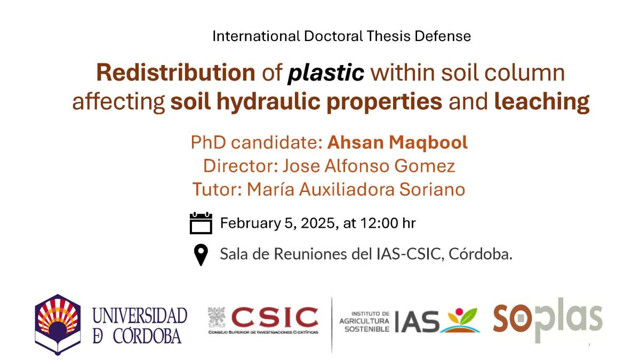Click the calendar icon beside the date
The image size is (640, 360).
click(201, 223)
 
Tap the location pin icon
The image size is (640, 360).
click(201, 255)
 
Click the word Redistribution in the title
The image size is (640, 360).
click(175, 73)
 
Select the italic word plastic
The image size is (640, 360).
click(326, 73)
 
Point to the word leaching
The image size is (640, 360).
click(542, 102)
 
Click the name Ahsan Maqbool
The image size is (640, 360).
click(397, 142)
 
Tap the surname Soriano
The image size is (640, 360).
click(432, 189)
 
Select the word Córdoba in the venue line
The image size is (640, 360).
click(481, 254)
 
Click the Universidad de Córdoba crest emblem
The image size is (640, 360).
click(58, 324)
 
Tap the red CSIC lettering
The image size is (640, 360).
click(275, 317)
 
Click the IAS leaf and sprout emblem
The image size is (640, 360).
click(460, 321)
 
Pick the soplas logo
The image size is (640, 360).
click(548, 320)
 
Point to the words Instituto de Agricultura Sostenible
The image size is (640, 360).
click(365, 322)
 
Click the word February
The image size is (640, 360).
click(250, 223)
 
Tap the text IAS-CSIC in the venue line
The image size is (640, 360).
click(410, 254)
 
